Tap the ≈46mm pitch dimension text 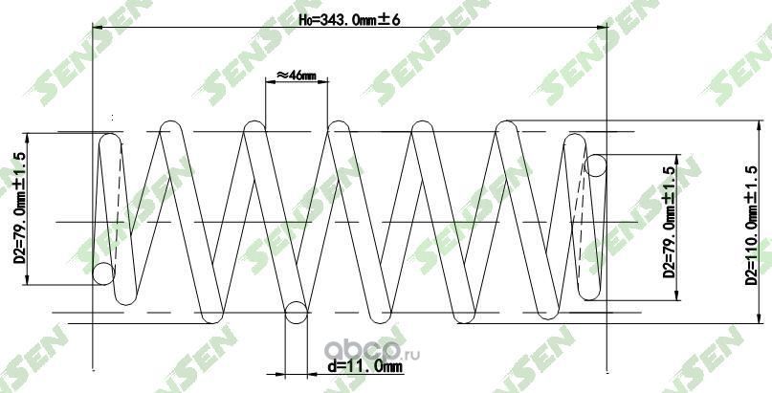click(295, 75)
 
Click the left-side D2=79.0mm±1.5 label click(18, 208)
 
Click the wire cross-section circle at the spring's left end click(104, 275)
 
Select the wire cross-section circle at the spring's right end click(595, 165)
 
